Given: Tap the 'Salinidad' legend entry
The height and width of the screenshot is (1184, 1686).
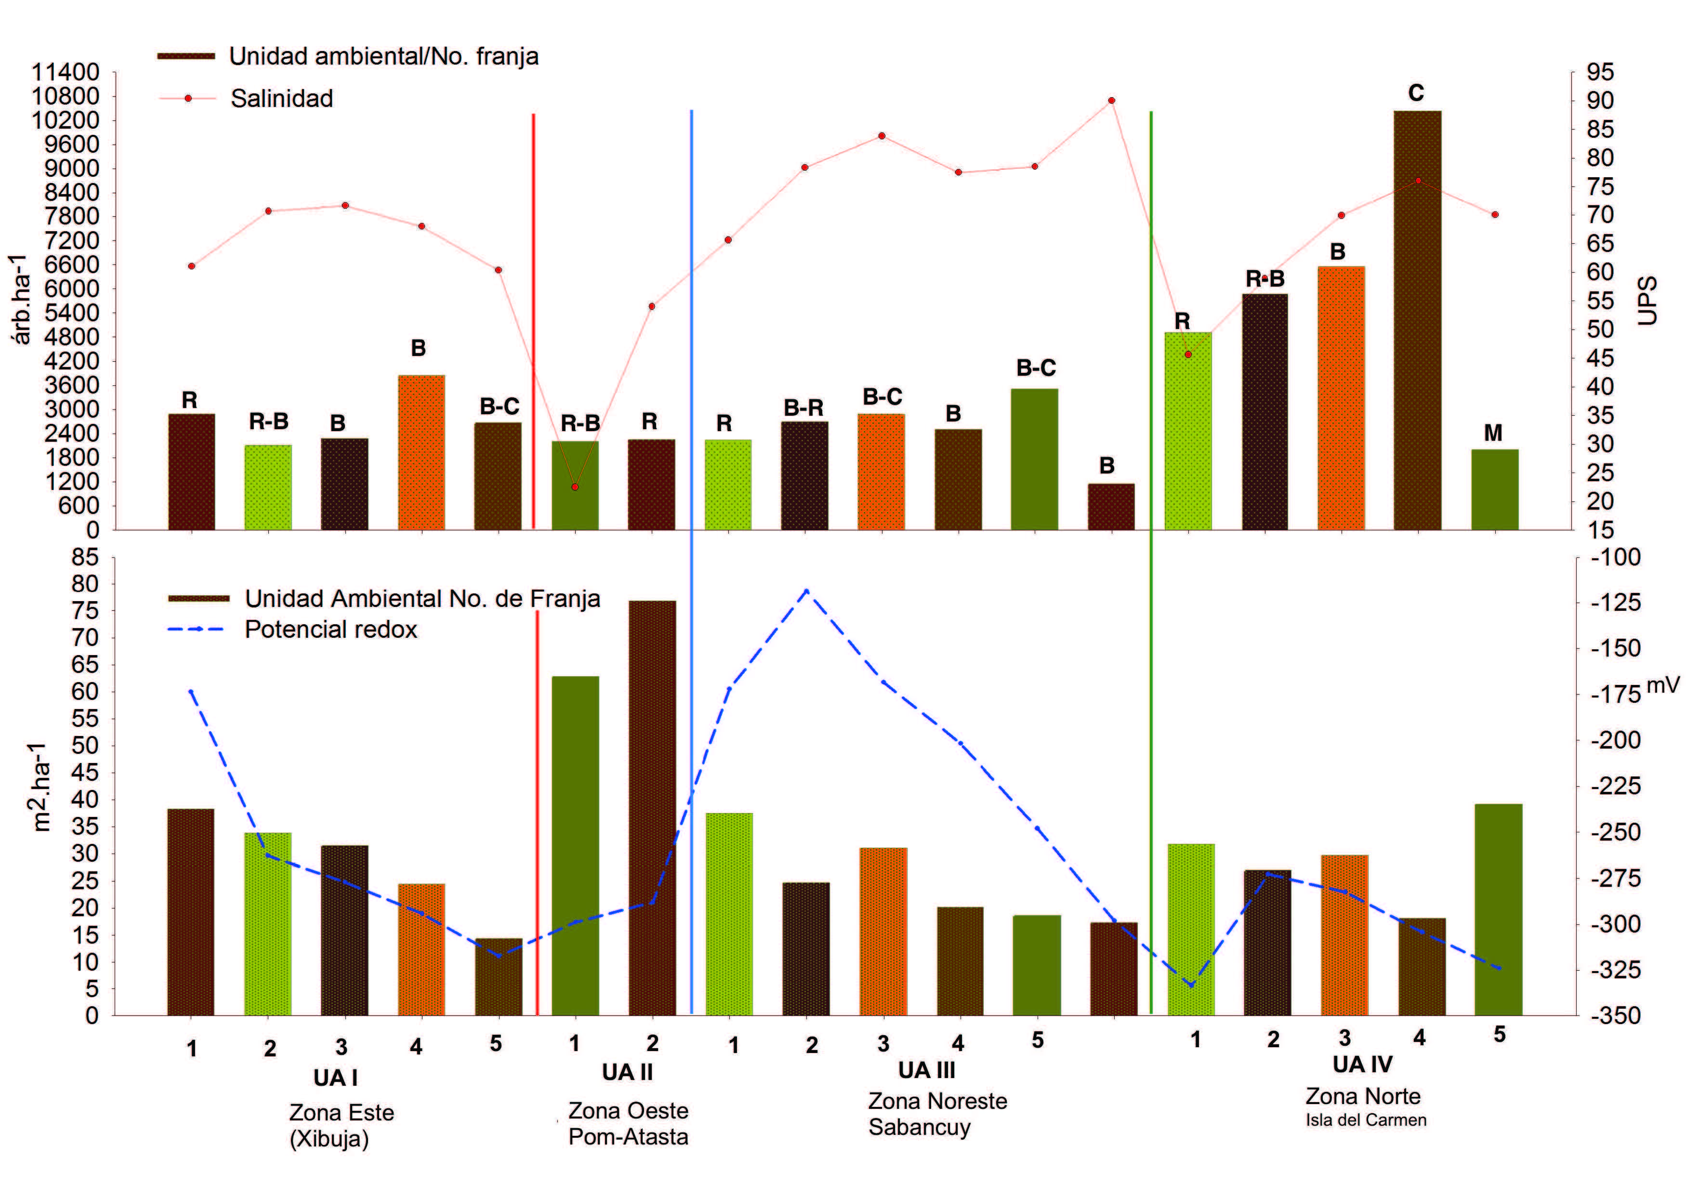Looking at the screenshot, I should pos(281,98).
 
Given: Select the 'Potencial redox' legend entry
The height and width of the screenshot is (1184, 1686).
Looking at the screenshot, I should pos(330,630).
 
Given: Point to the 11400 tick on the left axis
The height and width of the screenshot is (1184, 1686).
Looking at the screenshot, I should pos(65,72).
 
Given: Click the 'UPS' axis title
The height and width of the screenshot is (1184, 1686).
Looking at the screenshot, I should pos(1647,301).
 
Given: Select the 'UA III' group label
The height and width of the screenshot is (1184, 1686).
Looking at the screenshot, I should pos(927,1070).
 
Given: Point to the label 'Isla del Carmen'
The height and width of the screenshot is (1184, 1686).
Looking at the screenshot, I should pos(1366,1120).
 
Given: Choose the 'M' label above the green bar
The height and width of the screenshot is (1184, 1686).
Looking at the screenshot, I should pos(1493,434).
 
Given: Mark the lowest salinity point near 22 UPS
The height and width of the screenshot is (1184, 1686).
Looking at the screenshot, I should pos(575,487).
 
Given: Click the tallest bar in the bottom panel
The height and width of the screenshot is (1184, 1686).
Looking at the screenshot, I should pos(652,808).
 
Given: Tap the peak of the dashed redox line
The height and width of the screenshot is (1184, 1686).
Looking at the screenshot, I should pos(806,591).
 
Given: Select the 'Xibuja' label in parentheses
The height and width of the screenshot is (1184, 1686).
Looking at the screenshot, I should pos(329,1139).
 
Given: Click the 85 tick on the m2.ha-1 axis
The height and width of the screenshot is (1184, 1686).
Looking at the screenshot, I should pos(85,557).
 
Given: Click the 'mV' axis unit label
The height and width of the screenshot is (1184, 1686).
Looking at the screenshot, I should pos(1662,685).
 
